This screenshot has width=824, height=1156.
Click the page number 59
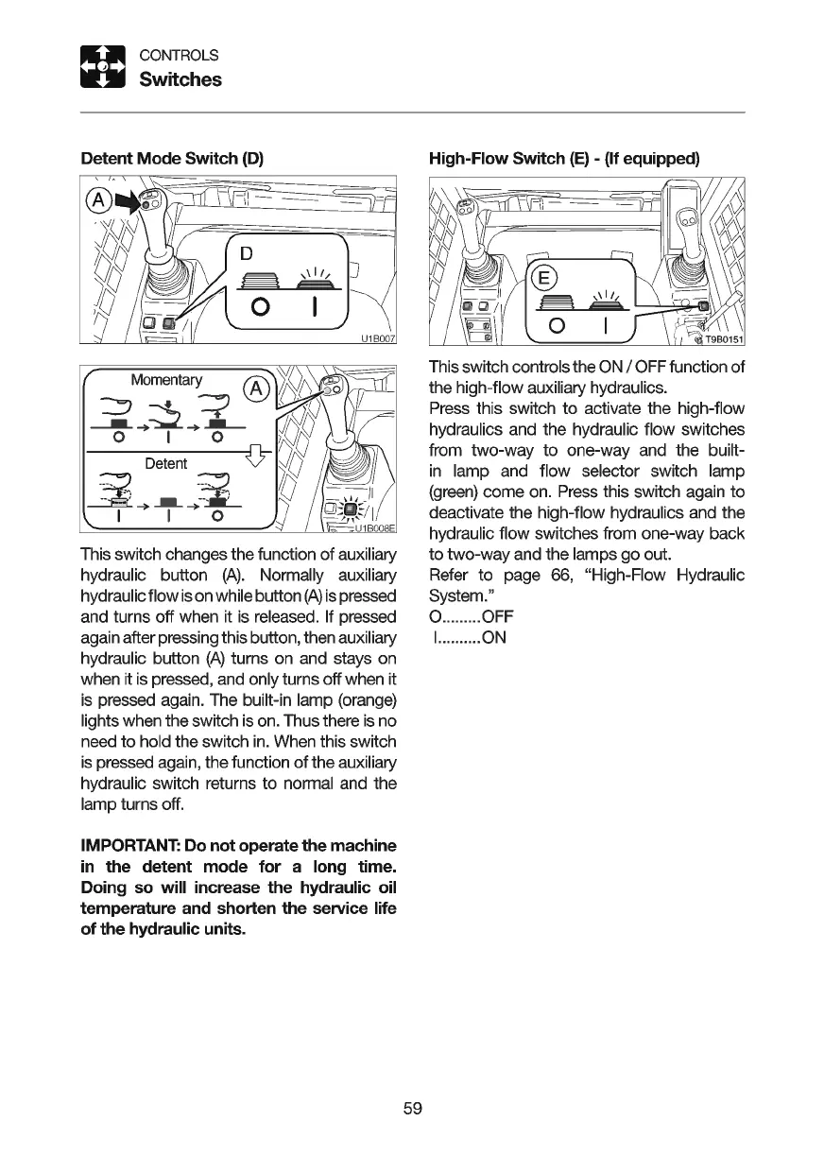tap(411, 1108)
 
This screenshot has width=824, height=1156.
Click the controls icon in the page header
tap(102, 67)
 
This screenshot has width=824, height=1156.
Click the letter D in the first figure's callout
tap(247, 253)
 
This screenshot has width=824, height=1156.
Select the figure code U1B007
tap(377, 339)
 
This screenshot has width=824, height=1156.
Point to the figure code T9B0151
tap(722, 339)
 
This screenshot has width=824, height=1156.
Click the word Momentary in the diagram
tap(166, 380)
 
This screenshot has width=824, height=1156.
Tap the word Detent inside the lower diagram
tap(166, 463)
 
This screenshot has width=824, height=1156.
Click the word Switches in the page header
tap(180, 79)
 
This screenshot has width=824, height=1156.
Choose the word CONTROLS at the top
tap(179, 55)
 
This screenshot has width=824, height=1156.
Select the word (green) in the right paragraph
tap(456, 492)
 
